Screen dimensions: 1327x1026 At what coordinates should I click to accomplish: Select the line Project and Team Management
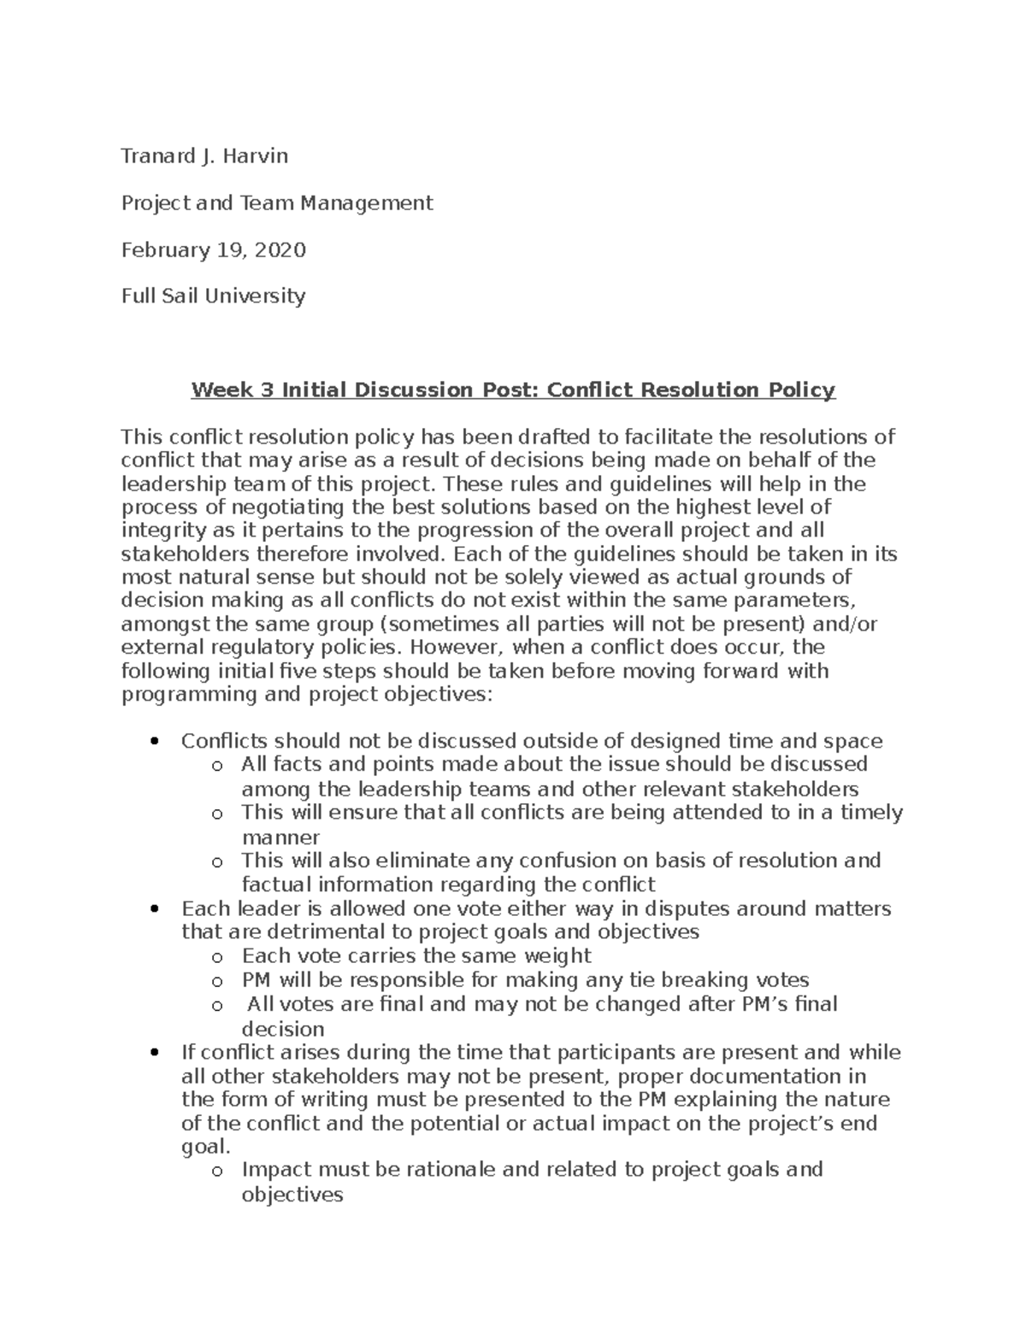[x=277, y=203]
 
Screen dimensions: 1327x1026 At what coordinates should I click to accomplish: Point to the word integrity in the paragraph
[x=160, y=531]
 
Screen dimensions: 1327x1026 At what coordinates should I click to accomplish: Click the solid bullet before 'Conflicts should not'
[x=155, y=741]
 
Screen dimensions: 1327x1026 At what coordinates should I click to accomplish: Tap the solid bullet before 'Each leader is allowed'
[x=155, y=908]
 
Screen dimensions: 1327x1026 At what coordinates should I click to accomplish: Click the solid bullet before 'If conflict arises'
[x=155, y=1052]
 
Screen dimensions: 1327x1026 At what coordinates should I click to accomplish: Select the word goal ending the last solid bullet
[x=203, y=1147]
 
